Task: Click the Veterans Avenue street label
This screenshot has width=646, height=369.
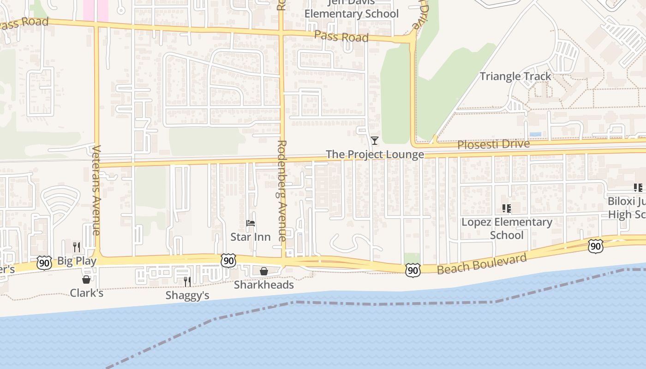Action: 97,190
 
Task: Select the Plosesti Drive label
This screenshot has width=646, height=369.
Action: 493,144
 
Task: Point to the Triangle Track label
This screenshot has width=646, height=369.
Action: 515,76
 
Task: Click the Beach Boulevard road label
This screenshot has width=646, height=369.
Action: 482,263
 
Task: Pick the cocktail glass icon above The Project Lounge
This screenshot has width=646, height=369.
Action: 374,140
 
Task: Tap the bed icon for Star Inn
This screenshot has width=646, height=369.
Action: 251,224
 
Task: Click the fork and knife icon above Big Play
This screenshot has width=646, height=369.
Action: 77,247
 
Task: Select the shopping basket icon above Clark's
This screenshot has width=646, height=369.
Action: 86,280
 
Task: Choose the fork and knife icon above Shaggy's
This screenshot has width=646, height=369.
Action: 187,281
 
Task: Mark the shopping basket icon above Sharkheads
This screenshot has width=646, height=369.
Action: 264,271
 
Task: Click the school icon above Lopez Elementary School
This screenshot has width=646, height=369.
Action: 507,208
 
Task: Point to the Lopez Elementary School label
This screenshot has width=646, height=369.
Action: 507,228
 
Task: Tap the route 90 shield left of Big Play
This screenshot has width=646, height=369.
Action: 44,263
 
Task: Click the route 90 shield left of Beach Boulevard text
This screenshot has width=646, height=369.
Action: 413,270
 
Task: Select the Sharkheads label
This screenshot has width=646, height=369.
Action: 264,285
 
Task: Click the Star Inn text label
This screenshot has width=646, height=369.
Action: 251,237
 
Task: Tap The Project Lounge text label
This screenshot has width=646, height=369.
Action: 375,155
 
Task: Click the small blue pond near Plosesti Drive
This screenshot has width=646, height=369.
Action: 535,134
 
